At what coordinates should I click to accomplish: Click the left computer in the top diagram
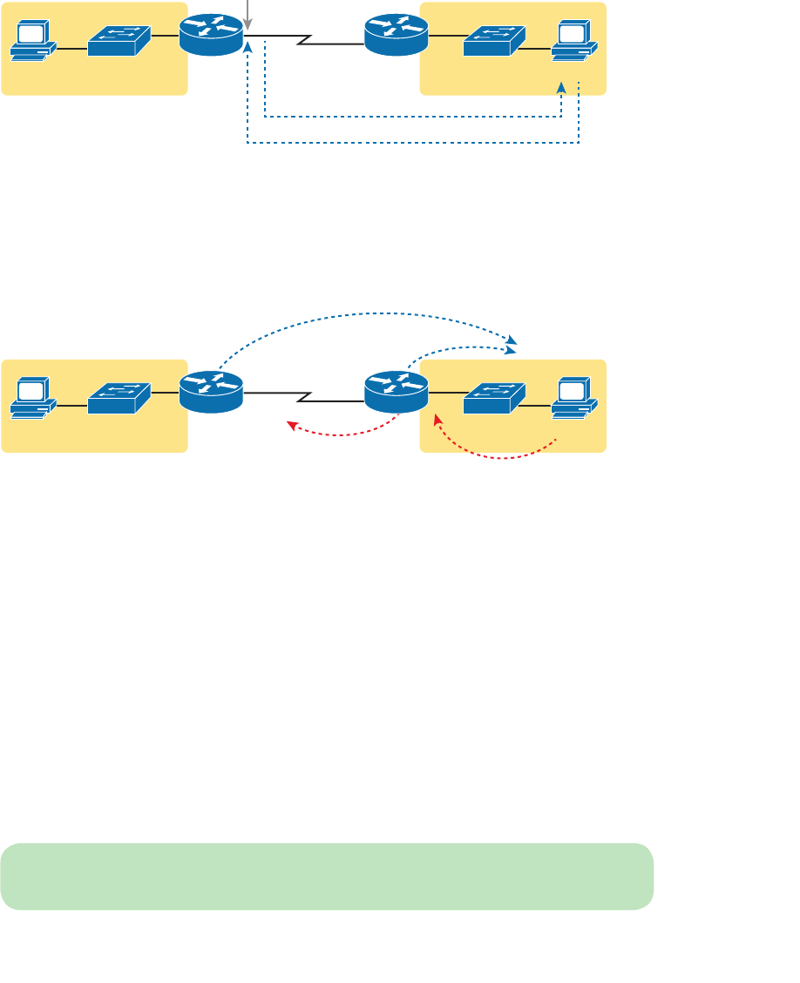point(33,41)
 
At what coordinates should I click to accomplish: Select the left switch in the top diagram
point(119,40)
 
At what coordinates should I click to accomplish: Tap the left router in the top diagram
point(211,35)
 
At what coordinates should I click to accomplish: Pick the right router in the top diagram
point(396,35)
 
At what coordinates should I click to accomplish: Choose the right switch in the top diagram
point(494,40)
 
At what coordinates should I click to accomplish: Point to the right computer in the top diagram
point(574,41)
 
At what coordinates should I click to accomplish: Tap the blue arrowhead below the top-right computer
point(561,88)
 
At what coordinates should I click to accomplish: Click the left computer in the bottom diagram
point(33,399)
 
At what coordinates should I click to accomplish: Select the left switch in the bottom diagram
point(119,398)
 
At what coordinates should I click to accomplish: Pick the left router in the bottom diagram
point(211,392)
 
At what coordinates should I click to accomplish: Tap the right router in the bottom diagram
point(396,392)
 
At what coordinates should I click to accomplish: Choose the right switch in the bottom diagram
point(494,398)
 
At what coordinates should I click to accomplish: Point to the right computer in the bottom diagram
point(574,399)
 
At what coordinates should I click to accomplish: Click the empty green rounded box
point(327,876)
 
